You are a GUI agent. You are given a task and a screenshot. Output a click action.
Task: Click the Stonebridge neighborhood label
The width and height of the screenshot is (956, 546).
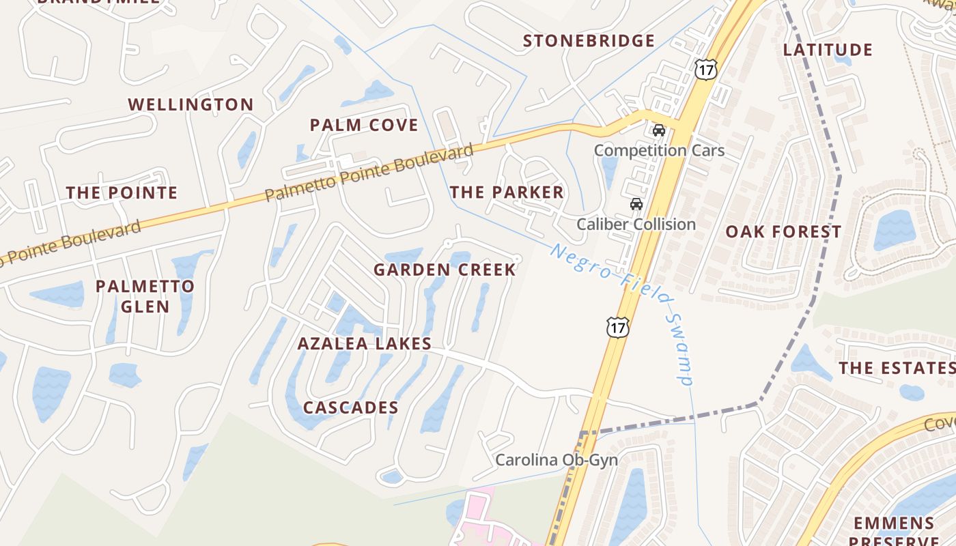[x=589, y=41]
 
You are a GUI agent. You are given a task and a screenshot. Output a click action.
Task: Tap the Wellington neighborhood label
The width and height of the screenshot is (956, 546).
[x=191, y=105]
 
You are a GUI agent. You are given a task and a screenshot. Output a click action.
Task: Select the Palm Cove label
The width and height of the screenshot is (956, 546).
[x=364, y=126]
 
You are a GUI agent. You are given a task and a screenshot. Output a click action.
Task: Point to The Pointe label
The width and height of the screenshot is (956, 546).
[x=122, y=193]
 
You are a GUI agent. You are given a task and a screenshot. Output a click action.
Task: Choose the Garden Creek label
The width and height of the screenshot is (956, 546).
[x=445, y=270]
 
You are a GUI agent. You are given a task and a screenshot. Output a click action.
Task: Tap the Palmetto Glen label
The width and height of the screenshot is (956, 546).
[x=145, y=296]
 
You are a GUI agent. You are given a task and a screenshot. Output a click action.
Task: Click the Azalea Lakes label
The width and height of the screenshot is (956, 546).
[x=364, y=344]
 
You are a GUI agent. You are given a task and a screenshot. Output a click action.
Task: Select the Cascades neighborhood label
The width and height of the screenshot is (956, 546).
[x=350, y=408]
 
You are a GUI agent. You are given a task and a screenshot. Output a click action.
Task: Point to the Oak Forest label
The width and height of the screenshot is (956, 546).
[x=783, y=232]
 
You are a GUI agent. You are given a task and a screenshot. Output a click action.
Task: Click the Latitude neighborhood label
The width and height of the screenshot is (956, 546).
[x=828, y=50]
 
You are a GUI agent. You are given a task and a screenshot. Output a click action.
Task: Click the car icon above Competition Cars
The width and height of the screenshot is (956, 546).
[x=659, y=130]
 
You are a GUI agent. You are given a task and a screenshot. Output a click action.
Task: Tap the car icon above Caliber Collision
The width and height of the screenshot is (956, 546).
[x=636, y=204]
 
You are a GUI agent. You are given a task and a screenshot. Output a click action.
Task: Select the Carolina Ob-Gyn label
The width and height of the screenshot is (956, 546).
[x=557, y=460]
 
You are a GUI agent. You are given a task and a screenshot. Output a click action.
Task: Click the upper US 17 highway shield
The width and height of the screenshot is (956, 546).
[x=707, y=68]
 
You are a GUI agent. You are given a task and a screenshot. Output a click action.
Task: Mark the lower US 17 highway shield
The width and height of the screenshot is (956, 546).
[x=617, y=327]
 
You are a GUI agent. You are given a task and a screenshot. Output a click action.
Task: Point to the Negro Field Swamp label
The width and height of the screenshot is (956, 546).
[x=623, y=313]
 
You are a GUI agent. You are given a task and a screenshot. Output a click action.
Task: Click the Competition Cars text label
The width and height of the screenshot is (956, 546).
[x=659, y=150]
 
